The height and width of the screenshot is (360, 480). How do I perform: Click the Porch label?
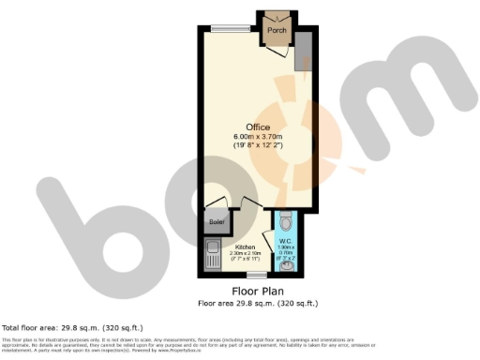coord(277,31)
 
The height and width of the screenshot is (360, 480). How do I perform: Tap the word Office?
coord(259,127)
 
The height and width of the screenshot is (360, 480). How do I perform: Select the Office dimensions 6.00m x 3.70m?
coord(259,138)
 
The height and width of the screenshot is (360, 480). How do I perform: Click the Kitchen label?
coord(246,247)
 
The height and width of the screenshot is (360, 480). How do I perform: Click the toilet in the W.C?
coord(286,222)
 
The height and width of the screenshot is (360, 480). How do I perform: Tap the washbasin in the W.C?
coord(286,266)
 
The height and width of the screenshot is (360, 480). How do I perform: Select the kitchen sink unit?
coord(211,256)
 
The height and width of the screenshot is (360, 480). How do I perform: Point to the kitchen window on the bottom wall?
coord(253,274)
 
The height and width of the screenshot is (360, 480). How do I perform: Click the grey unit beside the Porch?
coord(302,56)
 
